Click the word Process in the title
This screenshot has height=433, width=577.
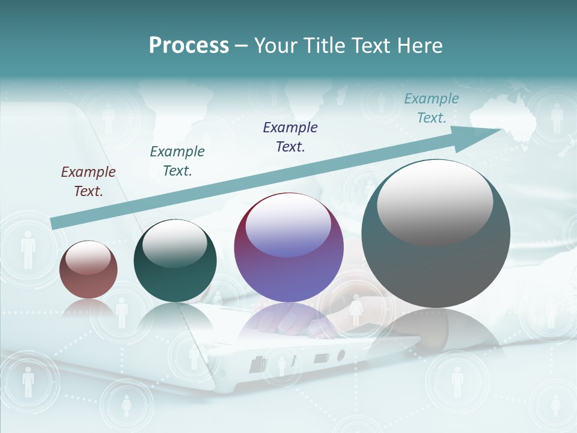point(189,46)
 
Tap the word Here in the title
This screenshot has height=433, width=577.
point(419,46)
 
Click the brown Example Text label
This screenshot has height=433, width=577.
point(88,181)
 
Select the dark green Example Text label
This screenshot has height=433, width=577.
point(177,161)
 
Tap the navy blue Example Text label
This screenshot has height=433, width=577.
point(290,137)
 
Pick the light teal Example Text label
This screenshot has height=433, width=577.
point(432,108)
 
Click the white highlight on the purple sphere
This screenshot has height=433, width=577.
point(288,225)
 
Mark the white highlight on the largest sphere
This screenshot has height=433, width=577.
point(435,201)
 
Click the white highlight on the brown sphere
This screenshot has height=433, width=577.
point(88,257)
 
